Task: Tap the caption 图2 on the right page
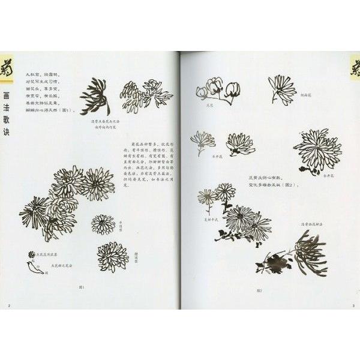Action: [259, 290]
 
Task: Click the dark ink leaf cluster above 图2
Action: [270, 261]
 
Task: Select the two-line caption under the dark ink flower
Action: [94, 128]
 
